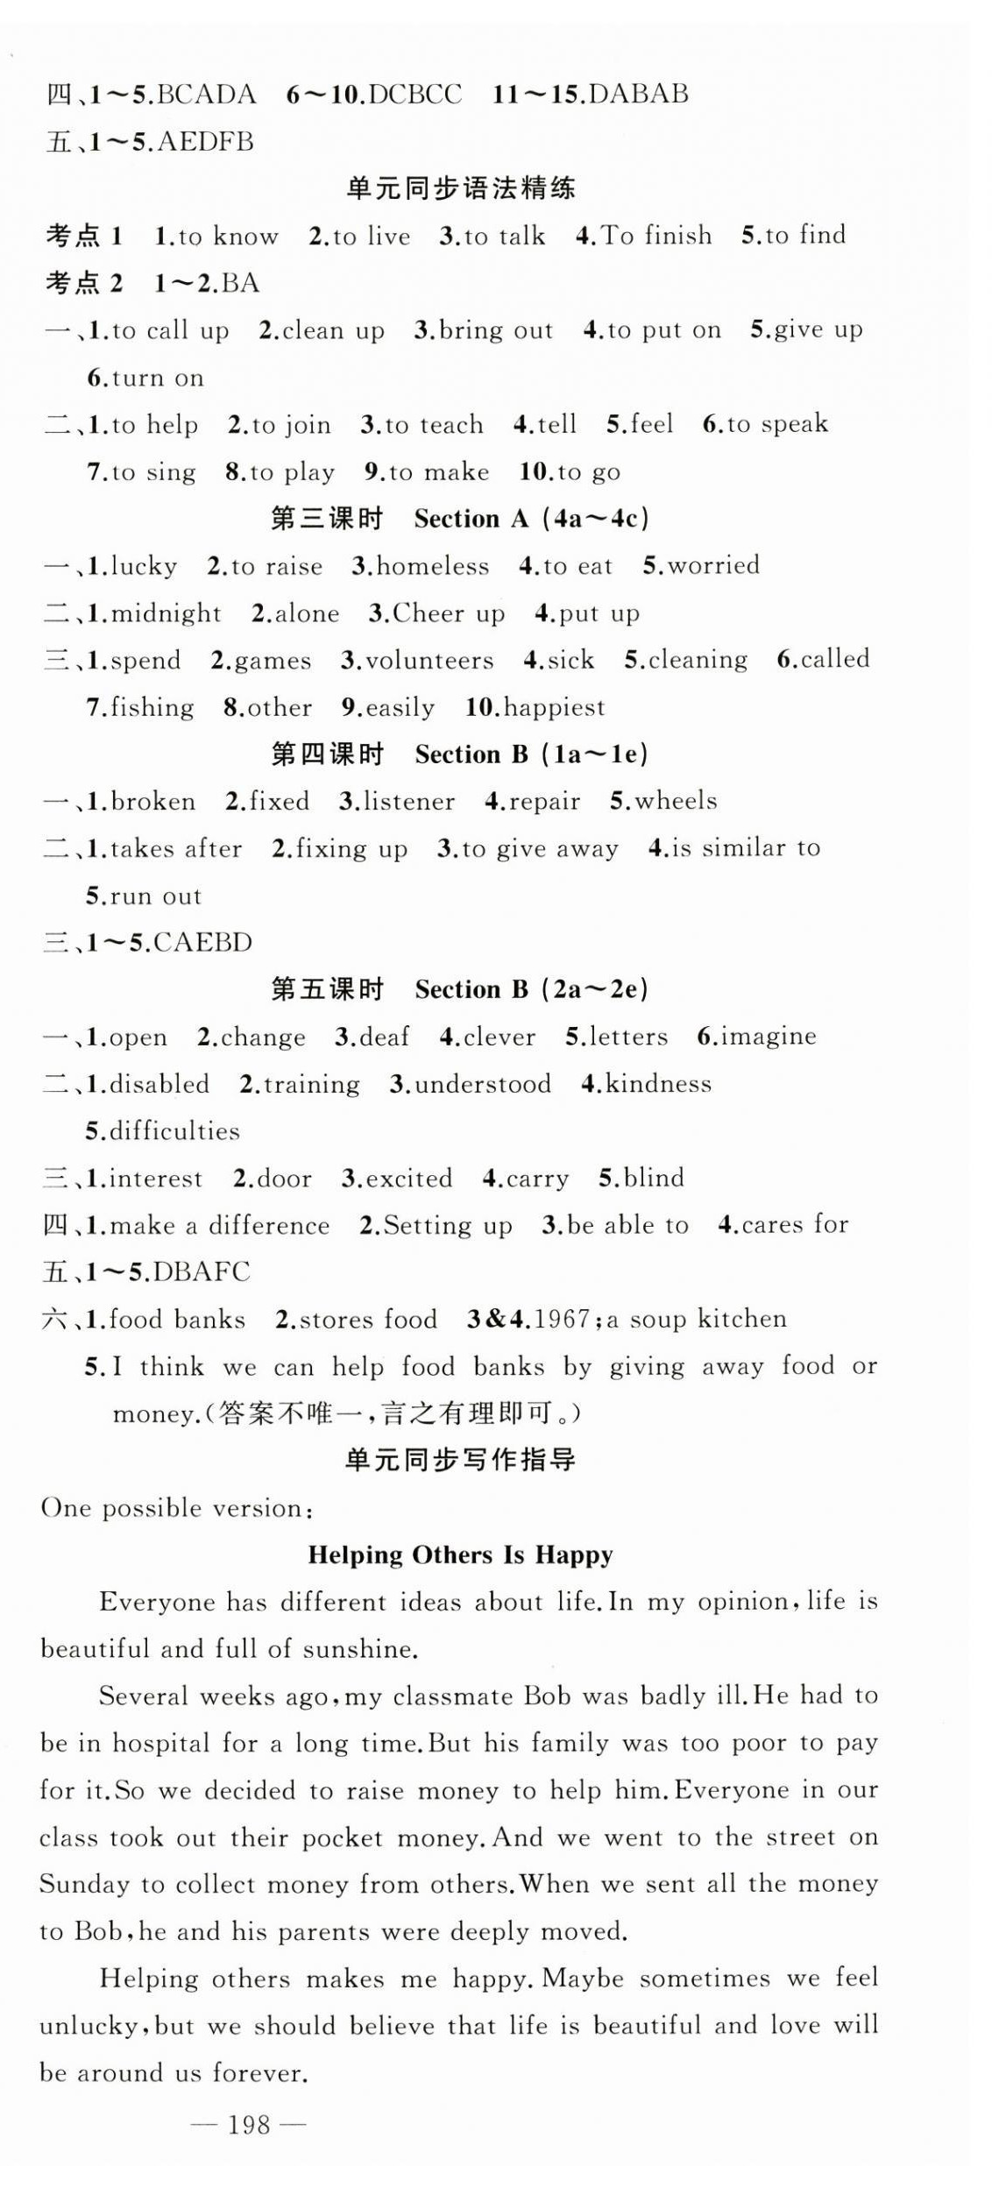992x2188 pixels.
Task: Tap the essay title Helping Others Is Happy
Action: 460,1554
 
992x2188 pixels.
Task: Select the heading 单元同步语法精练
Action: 460,188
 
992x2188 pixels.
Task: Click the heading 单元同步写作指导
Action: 460,1460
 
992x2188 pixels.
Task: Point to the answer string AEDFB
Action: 205,142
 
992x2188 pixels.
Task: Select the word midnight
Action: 166,612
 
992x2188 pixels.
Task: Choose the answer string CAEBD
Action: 202,943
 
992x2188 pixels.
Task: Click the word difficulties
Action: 174,1131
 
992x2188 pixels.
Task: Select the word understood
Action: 482,1084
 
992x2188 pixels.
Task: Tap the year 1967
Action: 561,1319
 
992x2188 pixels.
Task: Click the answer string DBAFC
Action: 202,1271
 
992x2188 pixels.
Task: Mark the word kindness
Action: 658,1084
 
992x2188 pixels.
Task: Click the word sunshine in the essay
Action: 358,1649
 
